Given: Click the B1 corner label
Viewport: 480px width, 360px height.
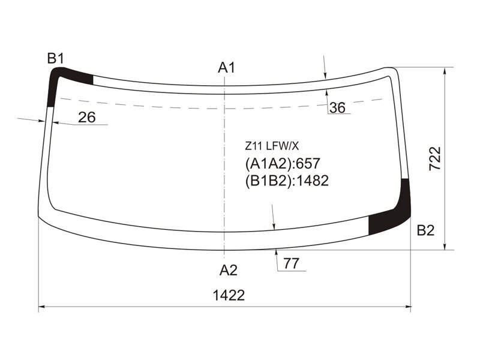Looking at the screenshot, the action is pyautogui.click(x=55, y=58).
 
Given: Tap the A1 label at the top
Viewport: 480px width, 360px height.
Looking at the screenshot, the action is pyautogui.click(x=227, y=67).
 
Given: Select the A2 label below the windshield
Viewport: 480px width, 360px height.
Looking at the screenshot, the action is pyautogui.click(x=229, y=271).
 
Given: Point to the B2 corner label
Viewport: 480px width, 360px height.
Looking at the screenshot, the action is pyautogui.click(x=425, y=230).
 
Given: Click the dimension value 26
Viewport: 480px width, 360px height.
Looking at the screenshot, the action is pyautogui.click(x=86, y=117).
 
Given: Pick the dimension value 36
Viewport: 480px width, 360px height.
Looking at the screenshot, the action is pyautogui.click(x=337, y=108).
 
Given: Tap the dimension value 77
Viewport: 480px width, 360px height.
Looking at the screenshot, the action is pyautogui.click(x=291, y=263).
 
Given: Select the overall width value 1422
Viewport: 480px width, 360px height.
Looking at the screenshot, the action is pyautogui.click(x=229, y=295).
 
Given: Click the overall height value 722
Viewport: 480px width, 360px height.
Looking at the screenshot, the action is pyautogui.click(x=435, y=158).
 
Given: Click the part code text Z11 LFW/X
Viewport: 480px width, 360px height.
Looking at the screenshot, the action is pyautogui.click(x=272, y=146).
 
